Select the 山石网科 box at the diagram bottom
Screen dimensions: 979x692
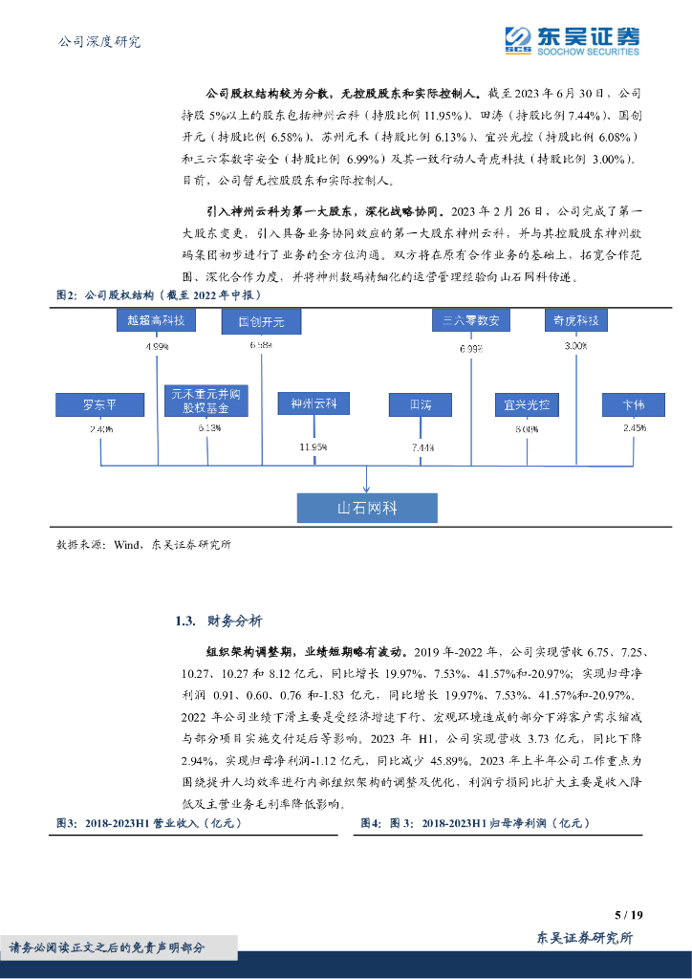367,508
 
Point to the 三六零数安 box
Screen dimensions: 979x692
471,321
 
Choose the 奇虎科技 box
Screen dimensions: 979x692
576,321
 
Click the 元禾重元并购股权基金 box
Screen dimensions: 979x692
207,400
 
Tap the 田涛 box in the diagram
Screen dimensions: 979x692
421,404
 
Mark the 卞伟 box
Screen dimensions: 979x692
633,404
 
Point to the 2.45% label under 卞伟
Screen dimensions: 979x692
633,428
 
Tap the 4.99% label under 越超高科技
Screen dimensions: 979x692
157,346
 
